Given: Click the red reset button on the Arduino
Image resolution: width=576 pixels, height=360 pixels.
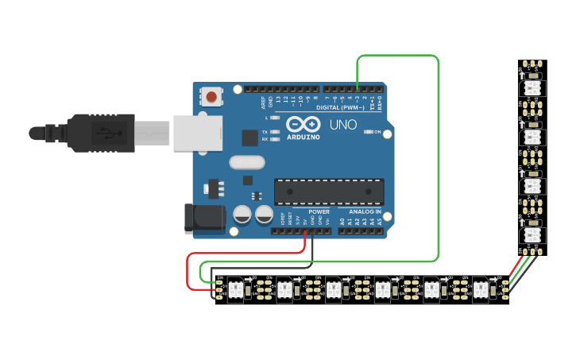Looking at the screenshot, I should click(211, 97).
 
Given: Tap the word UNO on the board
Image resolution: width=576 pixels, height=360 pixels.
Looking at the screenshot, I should click(343, 125).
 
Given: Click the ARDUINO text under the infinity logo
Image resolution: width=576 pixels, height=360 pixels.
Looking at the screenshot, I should click(303, 137).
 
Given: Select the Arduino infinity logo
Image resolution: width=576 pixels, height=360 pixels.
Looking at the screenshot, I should click(303, 124).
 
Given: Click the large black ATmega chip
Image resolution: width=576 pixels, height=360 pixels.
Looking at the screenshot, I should click(329, 192).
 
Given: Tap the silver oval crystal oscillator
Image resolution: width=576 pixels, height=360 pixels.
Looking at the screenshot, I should click(245, 163).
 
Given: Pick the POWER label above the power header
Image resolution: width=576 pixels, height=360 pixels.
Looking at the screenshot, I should click(319, 212).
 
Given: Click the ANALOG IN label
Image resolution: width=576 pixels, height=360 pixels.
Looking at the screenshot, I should click(361, 212).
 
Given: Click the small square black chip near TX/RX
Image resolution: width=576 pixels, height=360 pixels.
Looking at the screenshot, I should click(250, 137).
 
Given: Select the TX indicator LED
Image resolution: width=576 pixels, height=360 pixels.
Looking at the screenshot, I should click(275, 132).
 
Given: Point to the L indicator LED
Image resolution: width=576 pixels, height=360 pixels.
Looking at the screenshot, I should click(275, 118).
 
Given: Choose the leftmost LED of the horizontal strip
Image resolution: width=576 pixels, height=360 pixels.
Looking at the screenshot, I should click(235, 288).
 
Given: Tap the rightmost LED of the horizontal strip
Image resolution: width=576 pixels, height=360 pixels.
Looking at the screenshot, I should click(481, 288).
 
